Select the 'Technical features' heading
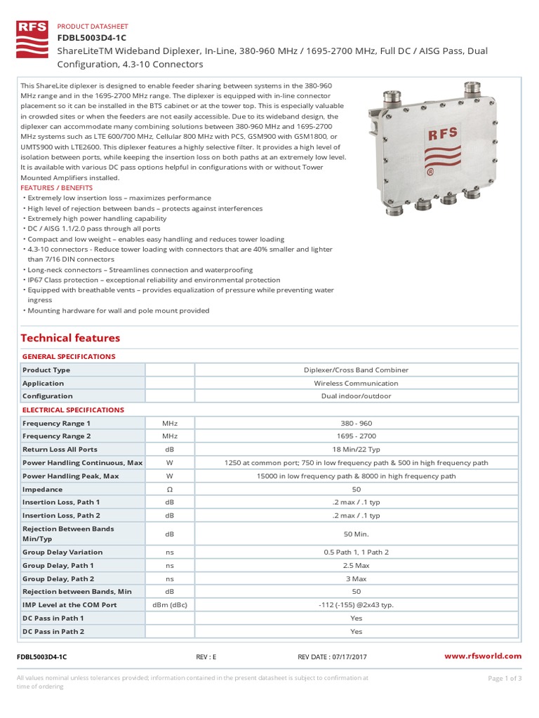coord(70,338)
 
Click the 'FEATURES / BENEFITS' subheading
coord(57,188)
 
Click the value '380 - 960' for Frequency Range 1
coord(356,424)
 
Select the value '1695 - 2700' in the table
coord(356,436)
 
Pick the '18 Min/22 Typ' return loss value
coord(356,449)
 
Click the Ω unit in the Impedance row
coord(170,489)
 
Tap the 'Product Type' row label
coord(46,370)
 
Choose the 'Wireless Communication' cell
coord(356,384)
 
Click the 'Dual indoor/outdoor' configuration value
coord(356,396)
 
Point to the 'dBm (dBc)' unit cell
coord(170,605)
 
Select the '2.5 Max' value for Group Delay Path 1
coord(356,565)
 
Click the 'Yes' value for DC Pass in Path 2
coord(356,632)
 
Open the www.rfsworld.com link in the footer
coord(484,656)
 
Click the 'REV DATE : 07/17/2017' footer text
coord(332,657)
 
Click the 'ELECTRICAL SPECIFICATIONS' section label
coord(73,409)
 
